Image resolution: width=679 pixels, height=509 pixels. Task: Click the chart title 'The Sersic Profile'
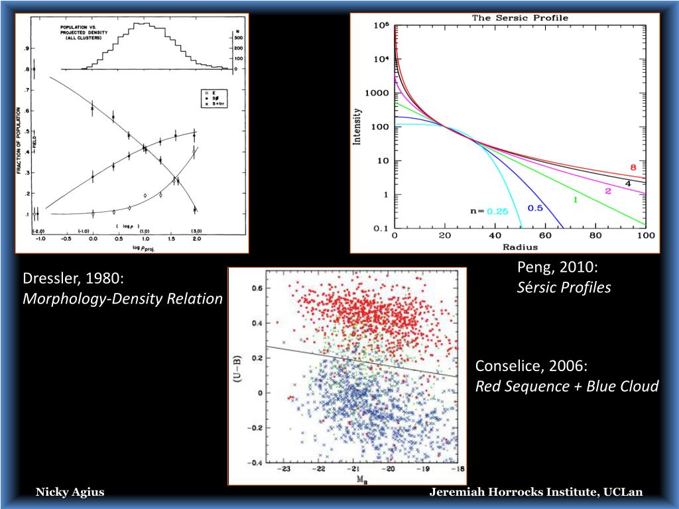click(x=520, y=18)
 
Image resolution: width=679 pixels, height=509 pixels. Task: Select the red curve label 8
click(x=633, y=168)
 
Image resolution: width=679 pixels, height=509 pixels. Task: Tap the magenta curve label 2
click(x=607, y=191)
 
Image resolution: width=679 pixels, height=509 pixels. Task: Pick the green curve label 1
click(x=576, y=199)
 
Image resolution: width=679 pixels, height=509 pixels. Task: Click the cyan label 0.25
click(x=497, y=211)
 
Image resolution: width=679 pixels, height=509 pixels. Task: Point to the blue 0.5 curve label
click(x=535, y=208)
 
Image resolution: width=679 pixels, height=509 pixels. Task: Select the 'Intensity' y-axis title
click(x=359, y=127)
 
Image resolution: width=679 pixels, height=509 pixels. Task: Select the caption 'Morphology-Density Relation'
click(x=123, y=299)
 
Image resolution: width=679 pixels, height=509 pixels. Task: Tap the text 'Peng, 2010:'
click(x=558, y=267)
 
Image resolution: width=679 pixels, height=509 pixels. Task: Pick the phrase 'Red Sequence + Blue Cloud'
click(x=567, y=386)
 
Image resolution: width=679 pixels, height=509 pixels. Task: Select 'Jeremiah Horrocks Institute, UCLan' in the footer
click(x=536, y=492)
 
